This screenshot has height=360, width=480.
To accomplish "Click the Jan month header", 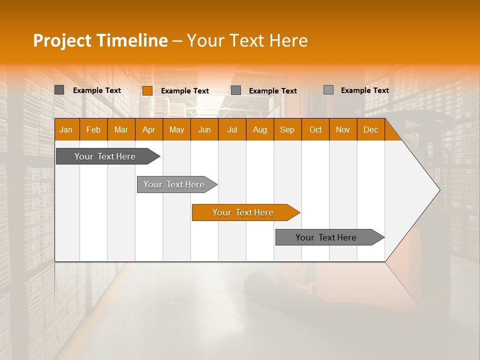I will click(66, 129).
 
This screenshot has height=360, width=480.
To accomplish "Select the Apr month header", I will click(149, 129).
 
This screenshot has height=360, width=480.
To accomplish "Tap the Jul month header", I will click(232, 129).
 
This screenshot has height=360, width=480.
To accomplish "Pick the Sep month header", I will click(287, 129).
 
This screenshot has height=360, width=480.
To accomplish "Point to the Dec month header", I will click(370, 129).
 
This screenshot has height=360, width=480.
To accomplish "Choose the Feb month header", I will click(93, 129).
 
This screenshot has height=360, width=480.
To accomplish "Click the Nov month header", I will click(343, 129).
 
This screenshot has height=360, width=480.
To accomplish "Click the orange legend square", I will click(147, 90).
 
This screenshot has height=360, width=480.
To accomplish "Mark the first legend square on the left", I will click(59, 90).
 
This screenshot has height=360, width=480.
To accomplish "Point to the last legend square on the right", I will click(328, 90).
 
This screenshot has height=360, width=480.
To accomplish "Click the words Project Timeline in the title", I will click(100, 40).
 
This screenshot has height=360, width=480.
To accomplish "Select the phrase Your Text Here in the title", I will click(247, 40).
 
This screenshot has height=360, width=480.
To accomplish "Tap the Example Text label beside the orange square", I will click(184, 91).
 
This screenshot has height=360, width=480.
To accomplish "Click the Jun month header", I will click(204, 129).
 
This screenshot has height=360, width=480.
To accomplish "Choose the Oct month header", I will click(315, 129).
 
